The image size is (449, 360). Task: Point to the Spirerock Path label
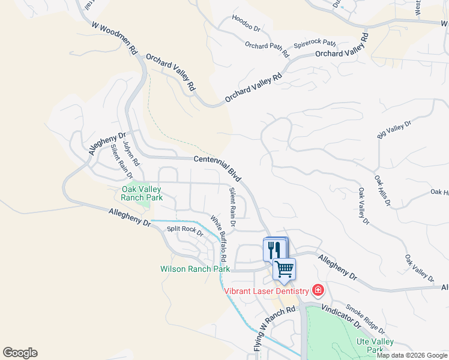[315, 44]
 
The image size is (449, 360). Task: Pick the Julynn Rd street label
[131, 154]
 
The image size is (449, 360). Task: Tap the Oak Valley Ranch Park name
[142, 193]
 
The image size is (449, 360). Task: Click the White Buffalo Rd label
[218, 238]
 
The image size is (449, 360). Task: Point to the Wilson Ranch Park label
[195, 269]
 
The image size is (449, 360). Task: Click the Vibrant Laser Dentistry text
[267, 291]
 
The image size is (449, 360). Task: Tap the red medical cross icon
[318, 291]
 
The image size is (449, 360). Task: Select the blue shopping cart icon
[284, 268]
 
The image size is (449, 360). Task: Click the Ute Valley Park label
[375, 346]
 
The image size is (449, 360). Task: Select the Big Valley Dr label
[394, 130]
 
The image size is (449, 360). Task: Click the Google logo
[20, 353]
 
